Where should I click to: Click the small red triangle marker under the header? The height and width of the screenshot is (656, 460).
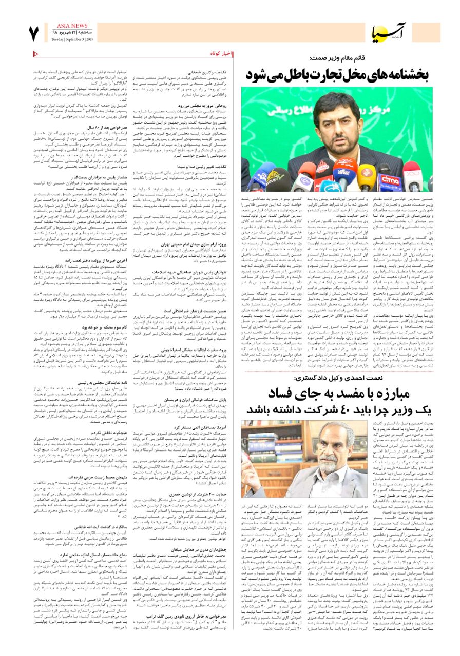35,53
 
